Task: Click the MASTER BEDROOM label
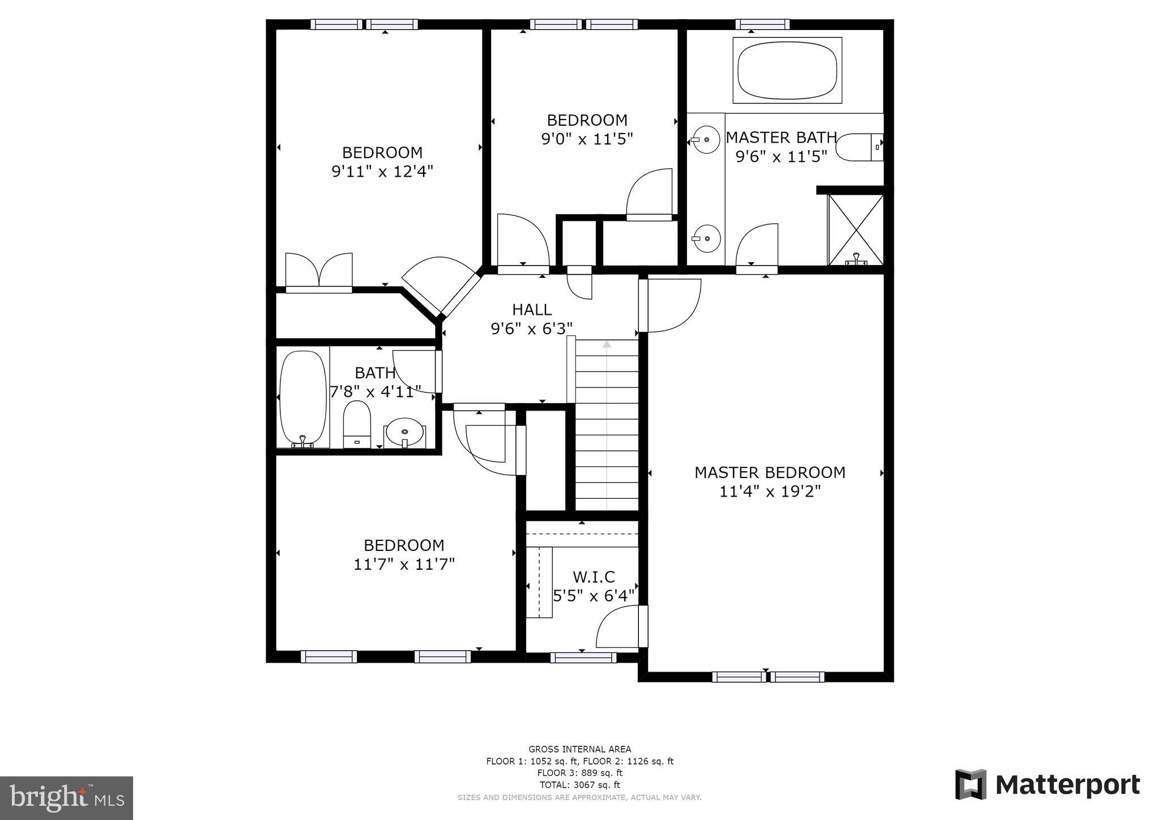coord(769,472)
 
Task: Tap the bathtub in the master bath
coord(787,70)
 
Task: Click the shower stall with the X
coord(855,229)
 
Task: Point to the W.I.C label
coord(593,577)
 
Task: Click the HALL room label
coord(531,310)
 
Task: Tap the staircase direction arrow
coord(607,344)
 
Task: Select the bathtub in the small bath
coord(304,398)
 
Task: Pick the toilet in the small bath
coord(357,424)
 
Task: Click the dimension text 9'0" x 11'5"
coord(587,139)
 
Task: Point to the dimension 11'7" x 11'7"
coord(404,564)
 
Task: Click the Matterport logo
coord(1047,785)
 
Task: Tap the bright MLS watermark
coord(67,797)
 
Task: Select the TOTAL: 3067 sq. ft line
coord(579,785)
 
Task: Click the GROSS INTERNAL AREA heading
coord(579,749)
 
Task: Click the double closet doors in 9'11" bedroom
coord(319,272)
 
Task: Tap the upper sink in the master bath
coord(706,139)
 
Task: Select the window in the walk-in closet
coord(583,657)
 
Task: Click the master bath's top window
coord(762,24)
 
